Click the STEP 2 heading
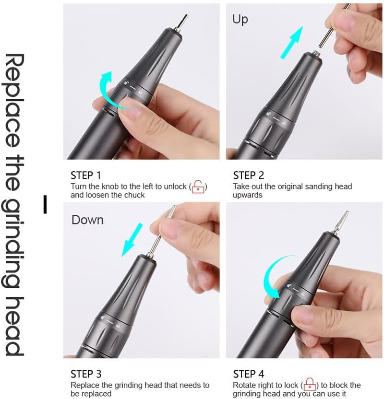point(248,175)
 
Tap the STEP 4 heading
point(249,374)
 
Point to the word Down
point(87,220)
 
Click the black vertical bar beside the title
point(45,204)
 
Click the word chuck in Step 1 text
point(134,195)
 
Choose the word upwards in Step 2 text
point(248,195)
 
